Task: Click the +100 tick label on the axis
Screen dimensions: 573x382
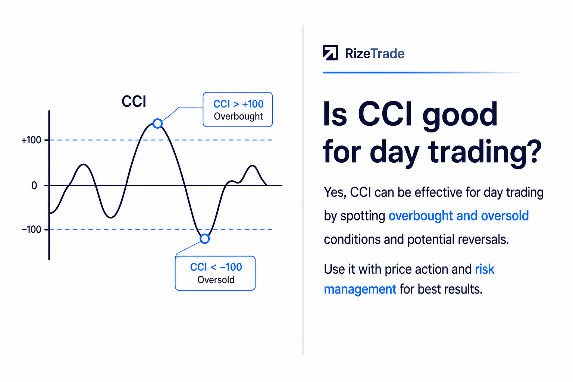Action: tap(31, 140)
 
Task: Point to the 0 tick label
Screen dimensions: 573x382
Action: tap(34, 185)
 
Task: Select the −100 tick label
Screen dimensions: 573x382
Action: tap(31, 229)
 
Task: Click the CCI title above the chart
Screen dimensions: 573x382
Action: tap(134, 101)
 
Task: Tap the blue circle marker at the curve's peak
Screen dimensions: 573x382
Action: tap(157, 123)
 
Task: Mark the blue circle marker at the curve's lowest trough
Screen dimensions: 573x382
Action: tap(205, 239)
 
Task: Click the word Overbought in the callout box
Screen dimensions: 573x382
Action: tap(238, 116)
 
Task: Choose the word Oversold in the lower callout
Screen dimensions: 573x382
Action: tap(216, 280)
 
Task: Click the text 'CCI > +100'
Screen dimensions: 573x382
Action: tap(238, 104)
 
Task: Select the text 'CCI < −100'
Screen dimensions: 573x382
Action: tap(216, 267)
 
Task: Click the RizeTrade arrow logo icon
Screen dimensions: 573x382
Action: tap(330, 53)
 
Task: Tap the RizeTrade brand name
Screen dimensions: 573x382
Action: tap(375, 54)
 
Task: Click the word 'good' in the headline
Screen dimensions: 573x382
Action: tap(460, 117)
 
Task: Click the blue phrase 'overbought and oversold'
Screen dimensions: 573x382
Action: tap(458, 216)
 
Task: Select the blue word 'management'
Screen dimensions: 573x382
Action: tap(360, 289)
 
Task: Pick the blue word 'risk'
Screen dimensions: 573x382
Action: tap(485, 269)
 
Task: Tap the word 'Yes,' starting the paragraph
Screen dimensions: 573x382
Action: tap(335, 192)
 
